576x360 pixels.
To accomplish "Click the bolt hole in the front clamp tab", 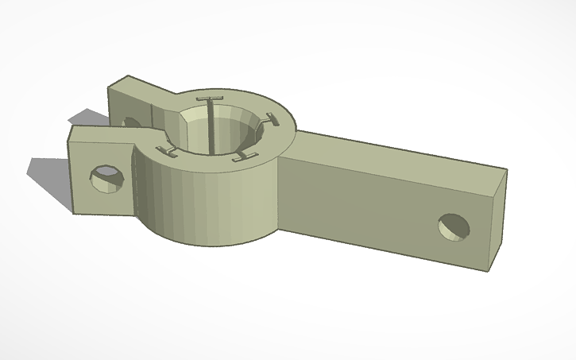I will tap(105, 178).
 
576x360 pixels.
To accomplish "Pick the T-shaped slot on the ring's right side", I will tap(273, 121).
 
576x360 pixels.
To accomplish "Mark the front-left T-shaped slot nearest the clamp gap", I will tap(168, 149).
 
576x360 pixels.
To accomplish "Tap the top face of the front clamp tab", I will tap(99, 133).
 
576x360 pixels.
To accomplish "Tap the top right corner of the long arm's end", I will tap(506, 168).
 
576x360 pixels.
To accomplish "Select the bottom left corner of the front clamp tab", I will tap(73, 212).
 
